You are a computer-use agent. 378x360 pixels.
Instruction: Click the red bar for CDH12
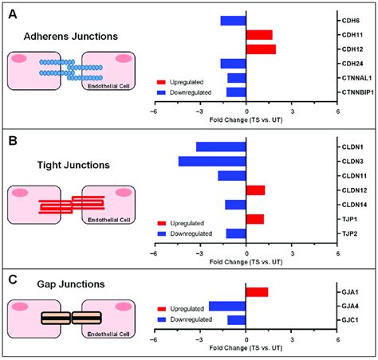261,49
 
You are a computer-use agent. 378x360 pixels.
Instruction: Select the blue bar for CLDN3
212,162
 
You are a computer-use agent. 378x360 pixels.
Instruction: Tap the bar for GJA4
227,306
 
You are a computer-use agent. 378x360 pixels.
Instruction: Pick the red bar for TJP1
255,219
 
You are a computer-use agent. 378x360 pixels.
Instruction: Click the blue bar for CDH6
234,21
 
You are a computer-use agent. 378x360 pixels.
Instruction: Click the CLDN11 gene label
354,176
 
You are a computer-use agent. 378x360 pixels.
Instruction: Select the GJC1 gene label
350,320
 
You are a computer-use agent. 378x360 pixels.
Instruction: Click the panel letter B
13,141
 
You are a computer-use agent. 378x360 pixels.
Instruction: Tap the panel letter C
13,280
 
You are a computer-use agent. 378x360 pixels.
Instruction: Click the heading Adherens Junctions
71,37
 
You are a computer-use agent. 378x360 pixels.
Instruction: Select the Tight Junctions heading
73,165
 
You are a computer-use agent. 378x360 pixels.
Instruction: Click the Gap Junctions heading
71,284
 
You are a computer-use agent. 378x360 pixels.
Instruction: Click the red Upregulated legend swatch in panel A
161,82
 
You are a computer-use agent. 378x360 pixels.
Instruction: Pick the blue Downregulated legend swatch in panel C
162,319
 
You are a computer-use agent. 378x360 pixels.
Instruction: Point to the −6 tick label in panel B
154,253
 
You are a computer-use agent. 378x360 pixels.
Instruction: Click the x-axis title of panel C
246,348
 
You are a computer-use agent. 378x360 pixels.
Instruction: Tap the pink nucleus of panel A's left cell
18,58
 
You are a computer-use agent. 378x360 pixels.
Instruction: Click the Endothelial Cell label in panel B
109,220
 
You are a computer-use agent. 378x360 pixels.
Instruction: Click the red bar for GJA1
257,292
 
